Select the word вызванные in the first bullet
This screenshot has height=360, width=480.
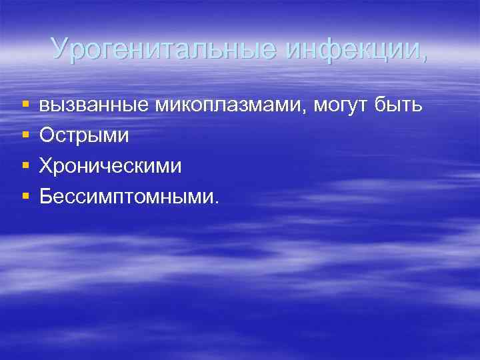click(x=95, y=105)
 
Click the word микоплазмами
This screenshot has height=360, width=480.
click(x=231, y=105)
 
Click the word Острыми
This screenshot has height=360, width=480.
click(x=84, y=135)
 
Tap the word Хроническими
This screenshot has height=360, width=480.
click(x=110, y=165)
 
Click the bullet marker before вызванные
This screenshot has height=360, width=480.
click(x=25, y=106)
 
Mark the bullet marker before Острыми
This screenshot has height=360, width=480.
click(x=25, y=136)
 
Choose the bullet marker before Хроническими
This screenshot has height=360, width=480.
click(x=25, y=166)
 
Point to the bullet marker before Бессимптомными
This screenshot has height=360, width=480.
click(x=25, y=197)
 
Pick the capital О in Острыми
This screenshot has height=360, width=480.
click(x=46, y=135)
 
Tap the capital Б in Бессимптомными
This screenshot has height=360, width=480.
click(x=45, y=196)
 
